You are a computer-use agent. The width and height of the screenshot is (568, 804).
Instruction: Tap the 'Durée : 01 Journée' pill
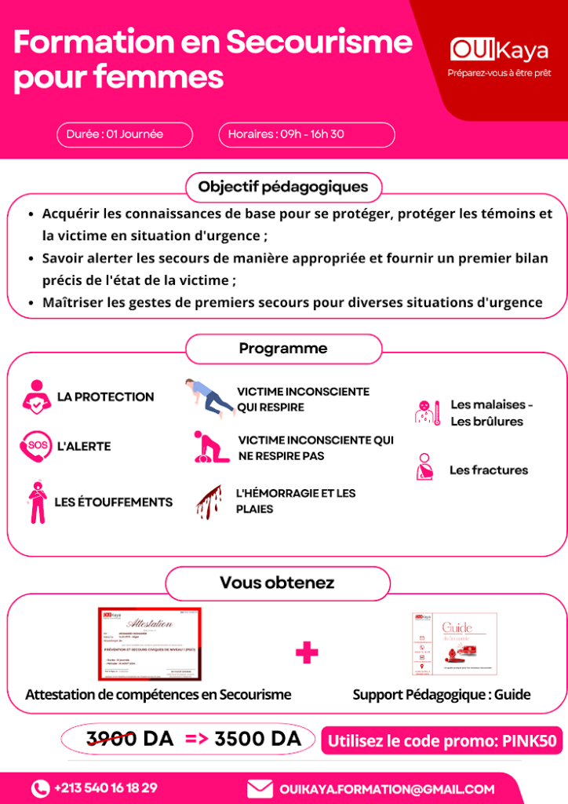click(124, 134)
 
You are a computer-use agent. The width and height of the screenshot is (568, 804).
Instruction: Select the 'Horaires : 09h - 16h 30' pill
click(306, 134)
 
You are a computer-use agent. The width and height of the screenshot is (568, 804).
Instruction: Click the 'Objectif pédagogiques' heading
click(283, 187)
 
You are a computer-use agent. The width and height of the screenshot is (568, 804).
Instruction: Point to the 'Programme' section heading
click(283, 349)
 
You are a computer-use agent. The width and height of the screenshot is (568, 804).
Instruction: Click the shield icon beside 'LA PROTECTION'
click(35, 397)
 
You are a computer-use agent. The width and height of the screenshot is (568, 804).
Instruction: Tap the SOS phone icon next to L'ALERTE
click(35, 446)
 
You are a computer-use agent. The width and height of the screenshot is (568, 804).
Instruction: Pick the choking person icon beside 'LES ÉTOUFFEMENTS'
click(36, 502)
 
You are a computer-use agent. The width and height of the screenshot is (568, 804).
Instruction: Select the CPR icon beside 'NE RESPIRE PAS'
click(211, 447)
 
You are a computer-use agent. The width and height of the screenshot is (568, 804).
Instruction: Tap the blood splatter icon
click(209, 502)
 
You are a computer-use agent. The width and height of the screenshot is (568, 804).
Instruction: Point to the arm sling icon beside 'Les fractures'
click(424, 468)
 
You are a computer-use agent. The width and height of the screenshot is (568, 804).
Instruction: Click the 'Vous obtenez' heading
click(277, 583)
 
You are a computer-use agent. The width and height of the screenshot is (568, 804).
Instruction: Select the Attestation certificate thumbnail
click(149, 644)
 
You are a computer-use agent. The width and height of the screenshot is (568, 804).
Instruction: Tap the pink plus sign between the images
click(307, 652)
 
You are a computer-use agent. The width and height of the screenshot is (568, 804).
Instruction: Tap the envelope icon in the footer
click(260, 788)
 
